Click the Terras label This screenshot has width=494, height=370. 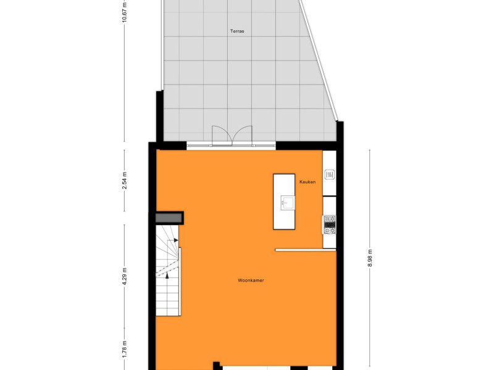pyautogui.click(x=237, y=31)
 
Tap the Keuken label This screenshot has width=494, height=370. pyautogui.click(x=307, y=182)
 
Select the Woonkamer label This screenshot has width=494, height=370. pyautogui.click(x=251, y=281)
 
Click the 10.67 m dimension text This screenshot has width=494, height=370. pyautogui.click(x=125, y=12)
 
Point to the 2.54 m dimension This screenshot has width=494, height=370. pyautogui.click(x=125, y=180)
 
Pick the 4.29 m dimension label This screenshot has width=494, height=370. pyautogui.click(x=125, y=276)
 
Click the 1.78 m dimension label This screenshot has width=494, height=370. pyautogui.click(x=125, y=349)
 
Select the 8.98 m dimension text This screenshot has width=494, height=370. pyautogui.click(x=370, y=258)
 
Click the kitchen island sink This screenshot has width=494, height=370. pyautogui.click(x=287, y=203)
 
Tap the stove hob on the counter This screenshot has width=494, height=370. pyautogui.click(x=330, y=224)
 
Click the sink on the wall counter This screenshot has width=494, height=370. pyautogui.click(x=330, y=175)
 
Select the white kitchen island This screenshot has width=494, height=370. pyautogui.click(x=284, y=202)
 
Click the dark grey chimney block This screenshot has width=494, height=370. pyautogui.click(x=169, y=218)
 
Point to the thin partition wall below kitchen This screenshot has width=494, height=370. pyautogui.click(x=306, y=250)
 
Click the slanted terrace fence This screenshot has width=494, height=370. pyautogui.click(x=318, y=60)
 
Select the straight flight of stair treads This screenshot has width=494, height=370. pyautogui.click(x=167, y=297)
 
